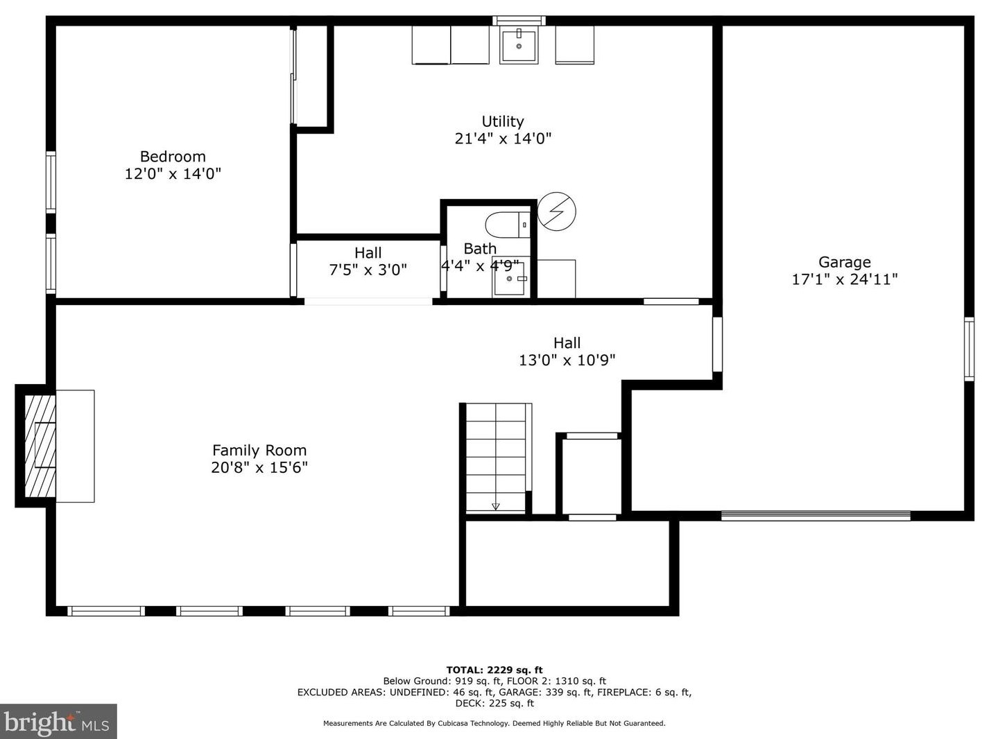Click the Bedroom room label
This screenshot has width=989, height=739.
click(173, 157)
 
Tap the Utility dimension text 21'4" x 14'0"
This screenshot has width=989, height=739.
click(503, 138)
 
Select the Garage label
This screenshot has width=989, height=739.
click(844, 262)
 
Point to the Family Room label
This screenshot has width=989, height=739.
click(259, 451)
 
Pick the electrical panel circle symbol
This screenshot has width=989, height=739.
click(556, 211)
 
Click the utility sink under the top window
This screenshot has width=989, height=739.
click(519, 45)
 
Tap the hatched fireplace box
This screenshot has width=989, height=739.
click(40, 446)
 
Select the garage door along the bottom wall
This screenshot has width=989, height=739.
click(816, 516)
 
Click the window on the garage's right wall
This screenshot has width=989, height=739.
click(969, 349)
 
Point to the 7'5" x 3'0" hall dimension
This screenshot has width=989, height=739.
click(368, 270)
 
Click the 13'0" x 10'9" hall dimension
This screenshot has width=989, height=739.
click(567, 360)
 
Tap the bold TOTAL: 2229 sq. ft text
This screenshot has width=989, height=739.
click(495, 670)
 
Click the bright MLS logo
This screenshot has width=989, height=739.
click(58, 722)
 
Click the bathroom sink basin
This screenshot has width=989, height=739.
click(509, 279)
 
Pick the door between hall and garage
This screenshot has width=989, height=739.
click(717, 345)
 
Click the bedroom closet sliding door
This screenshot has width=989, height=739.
click(293, 76)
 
